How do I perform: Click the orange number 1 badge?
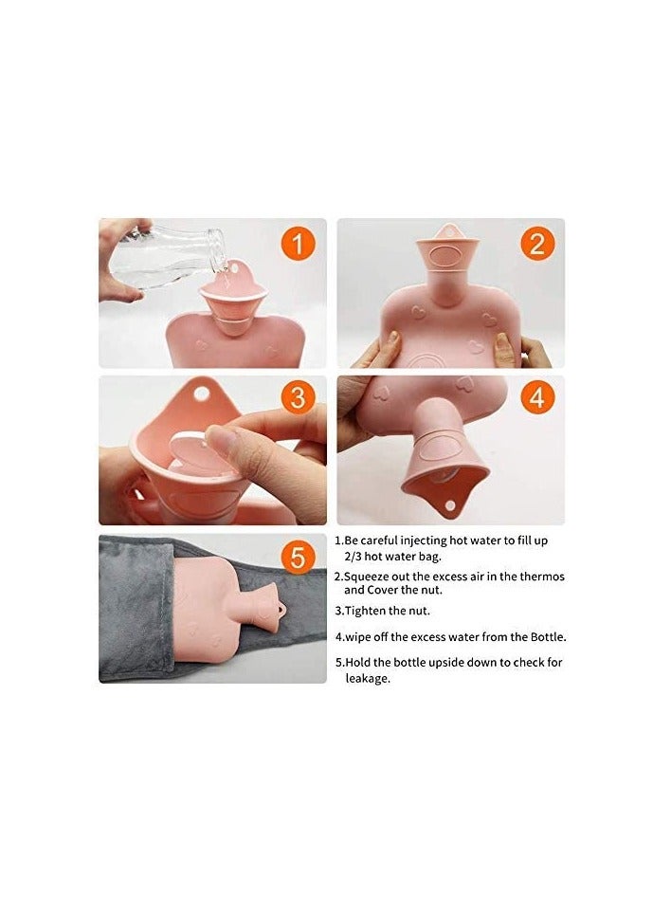tap(299, 245)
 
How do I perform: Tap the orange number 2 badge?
tap(537, 245)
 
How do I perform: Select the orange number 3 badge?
tap(299, 398)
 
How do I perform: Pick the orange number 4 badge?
tap(537, 398)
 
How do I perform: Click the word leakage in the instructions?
tap(367, 678)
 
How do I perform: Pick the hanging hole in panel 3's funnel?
tap(200, 391)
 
